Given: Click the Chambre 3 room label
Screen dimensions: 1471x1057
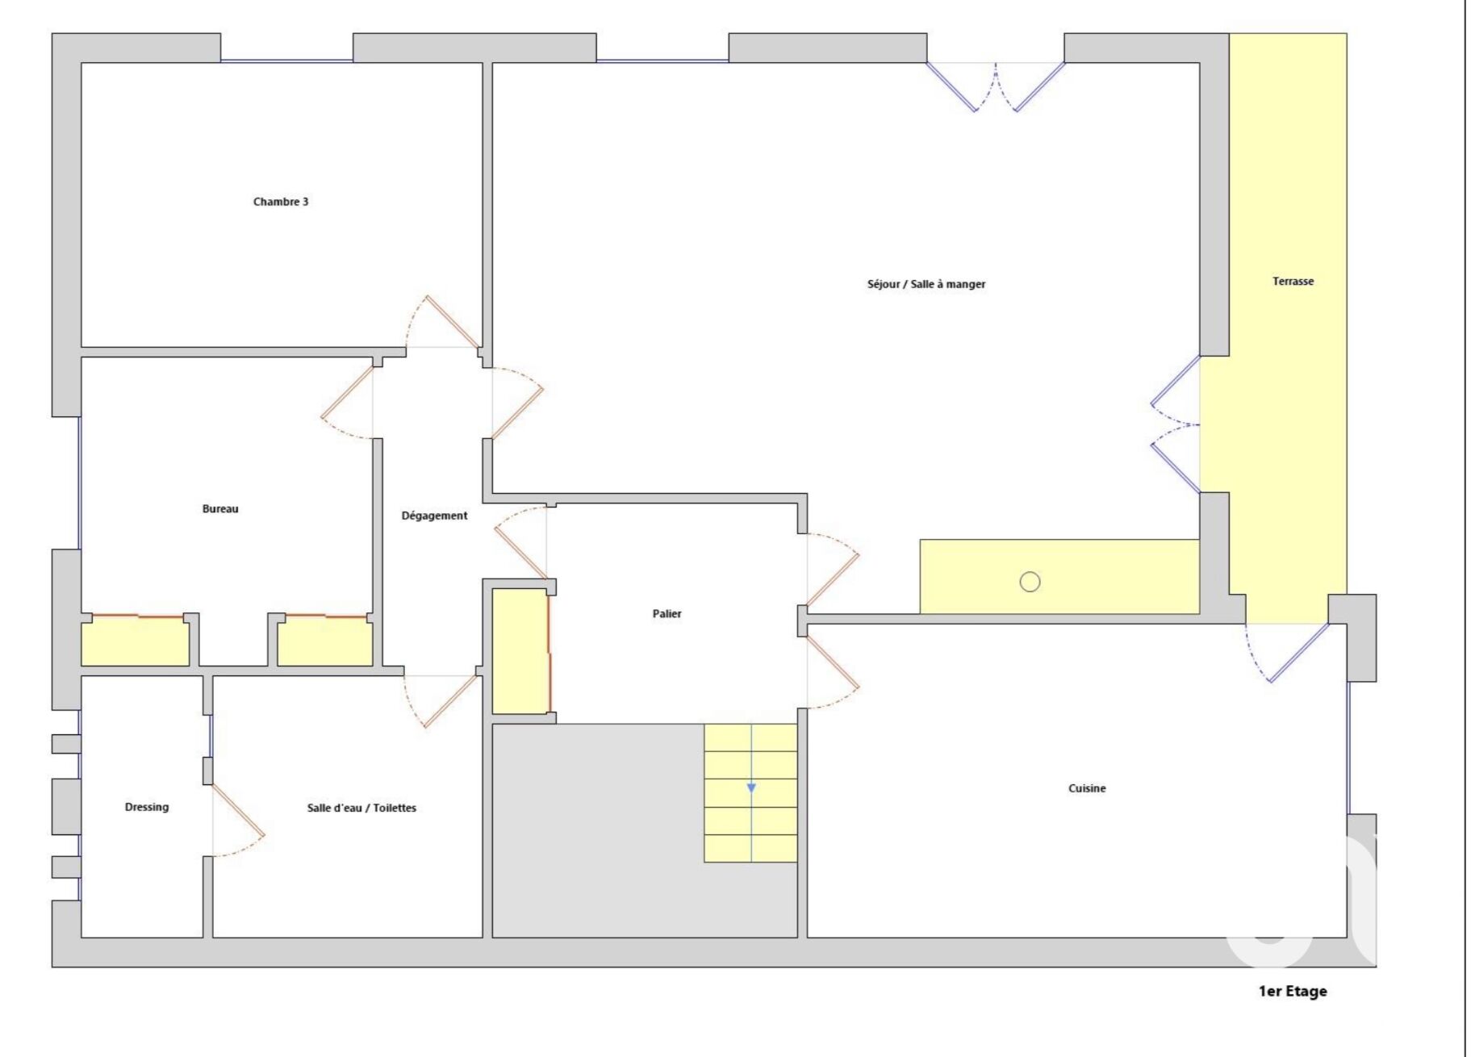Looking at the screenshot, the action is [281, 202].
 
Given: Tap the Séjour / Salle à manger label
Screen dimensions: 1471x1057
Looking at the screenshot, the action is [926, 284].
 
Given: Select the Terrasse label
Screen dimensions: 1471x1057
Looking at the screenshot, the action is [1293, 282].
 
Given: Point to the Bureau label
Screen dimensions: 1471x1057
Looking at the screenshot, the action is [220, 509].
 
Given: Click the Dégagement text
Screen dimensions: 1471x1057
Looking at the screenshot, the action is [435, 516].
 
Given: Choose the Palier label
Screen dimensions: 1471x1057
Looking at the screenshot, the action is [667, 614].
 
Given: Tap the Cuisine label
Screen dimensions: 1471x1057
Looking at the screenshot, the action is [1087, 788].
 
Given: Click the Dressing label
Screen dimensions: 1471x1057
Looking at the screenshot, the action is [147, 807].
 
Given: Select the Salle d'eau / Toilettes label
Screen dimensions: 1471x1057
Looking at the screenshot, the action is [361, 808].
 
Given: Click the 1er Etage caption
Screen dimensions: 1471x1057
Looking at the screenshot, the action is [1293, 992].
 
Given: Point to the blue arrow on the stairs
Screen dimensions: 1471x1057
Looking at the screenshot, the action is [751, 788].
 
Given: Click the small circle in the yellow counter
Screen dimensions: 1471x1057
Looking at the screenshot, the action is [1030, 582].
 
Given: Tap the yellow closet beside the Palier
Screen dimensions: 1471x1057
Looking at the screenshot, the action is [520, 651].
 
